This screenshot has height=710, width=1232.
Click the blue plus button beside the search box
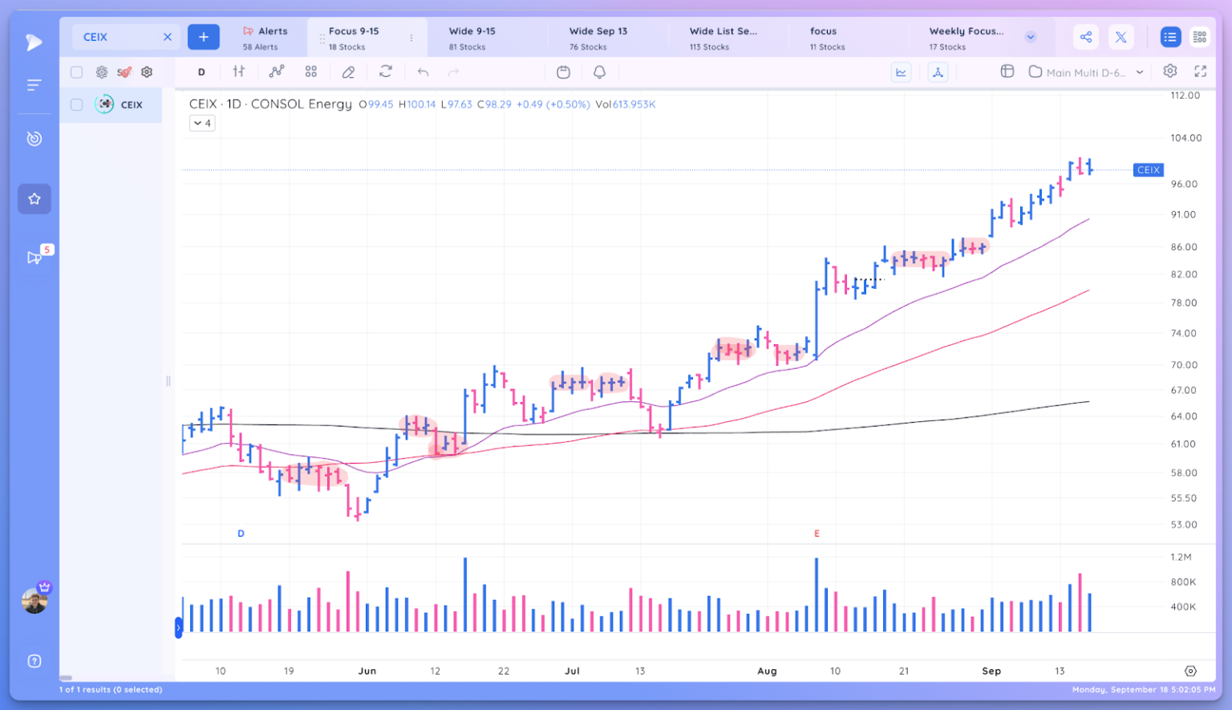click(x=203, y=37)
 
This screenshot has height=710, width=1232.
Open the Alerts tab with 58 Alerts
click(x=265, y=38)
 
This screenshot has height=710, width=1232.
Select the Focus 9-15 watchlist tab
click(x=354, y=38)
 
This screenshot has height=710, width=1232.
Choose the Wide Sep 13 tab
click(x=598, y=38)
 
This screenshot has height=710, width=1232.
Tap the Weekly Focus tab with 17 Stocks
click(x=966, y=38)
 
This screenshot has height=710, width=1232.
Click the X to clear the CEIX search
click(x=168, y=37)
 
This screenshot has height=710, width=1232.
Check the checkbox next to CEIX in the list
click(x=77, y=104)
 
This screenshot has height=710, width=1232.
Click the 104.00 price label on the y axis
click(x=1185, y=138)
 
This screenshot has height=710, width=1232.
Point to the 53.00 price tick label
click(x=1184, y=525)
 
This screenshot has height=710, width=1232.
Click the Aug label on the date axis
click(x=767, y=671)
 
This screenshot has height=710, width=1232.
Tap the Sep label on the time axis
click(x=991, y=671)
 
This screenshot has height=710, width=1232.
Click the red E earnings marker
click(x=817, y=534)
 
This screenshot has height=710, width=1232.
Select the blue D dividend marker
click(x=241, y=534)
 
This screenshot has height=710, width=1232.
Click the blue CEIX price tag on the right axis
click(x=1148, y=170)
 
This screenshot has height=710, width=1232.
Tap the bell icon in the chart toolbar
click(x=599, y=72)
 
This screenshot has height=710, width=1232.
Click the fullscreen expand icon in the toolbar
click(x=1200, y=71)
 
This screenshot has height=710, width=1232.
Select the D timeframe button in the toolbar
click(x=201, y=72)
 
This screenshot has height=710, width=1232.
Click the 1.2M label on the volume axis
click(x=1181, y=557)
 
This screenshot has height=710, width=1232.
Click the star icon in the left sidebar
click(x=34, y=199)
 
